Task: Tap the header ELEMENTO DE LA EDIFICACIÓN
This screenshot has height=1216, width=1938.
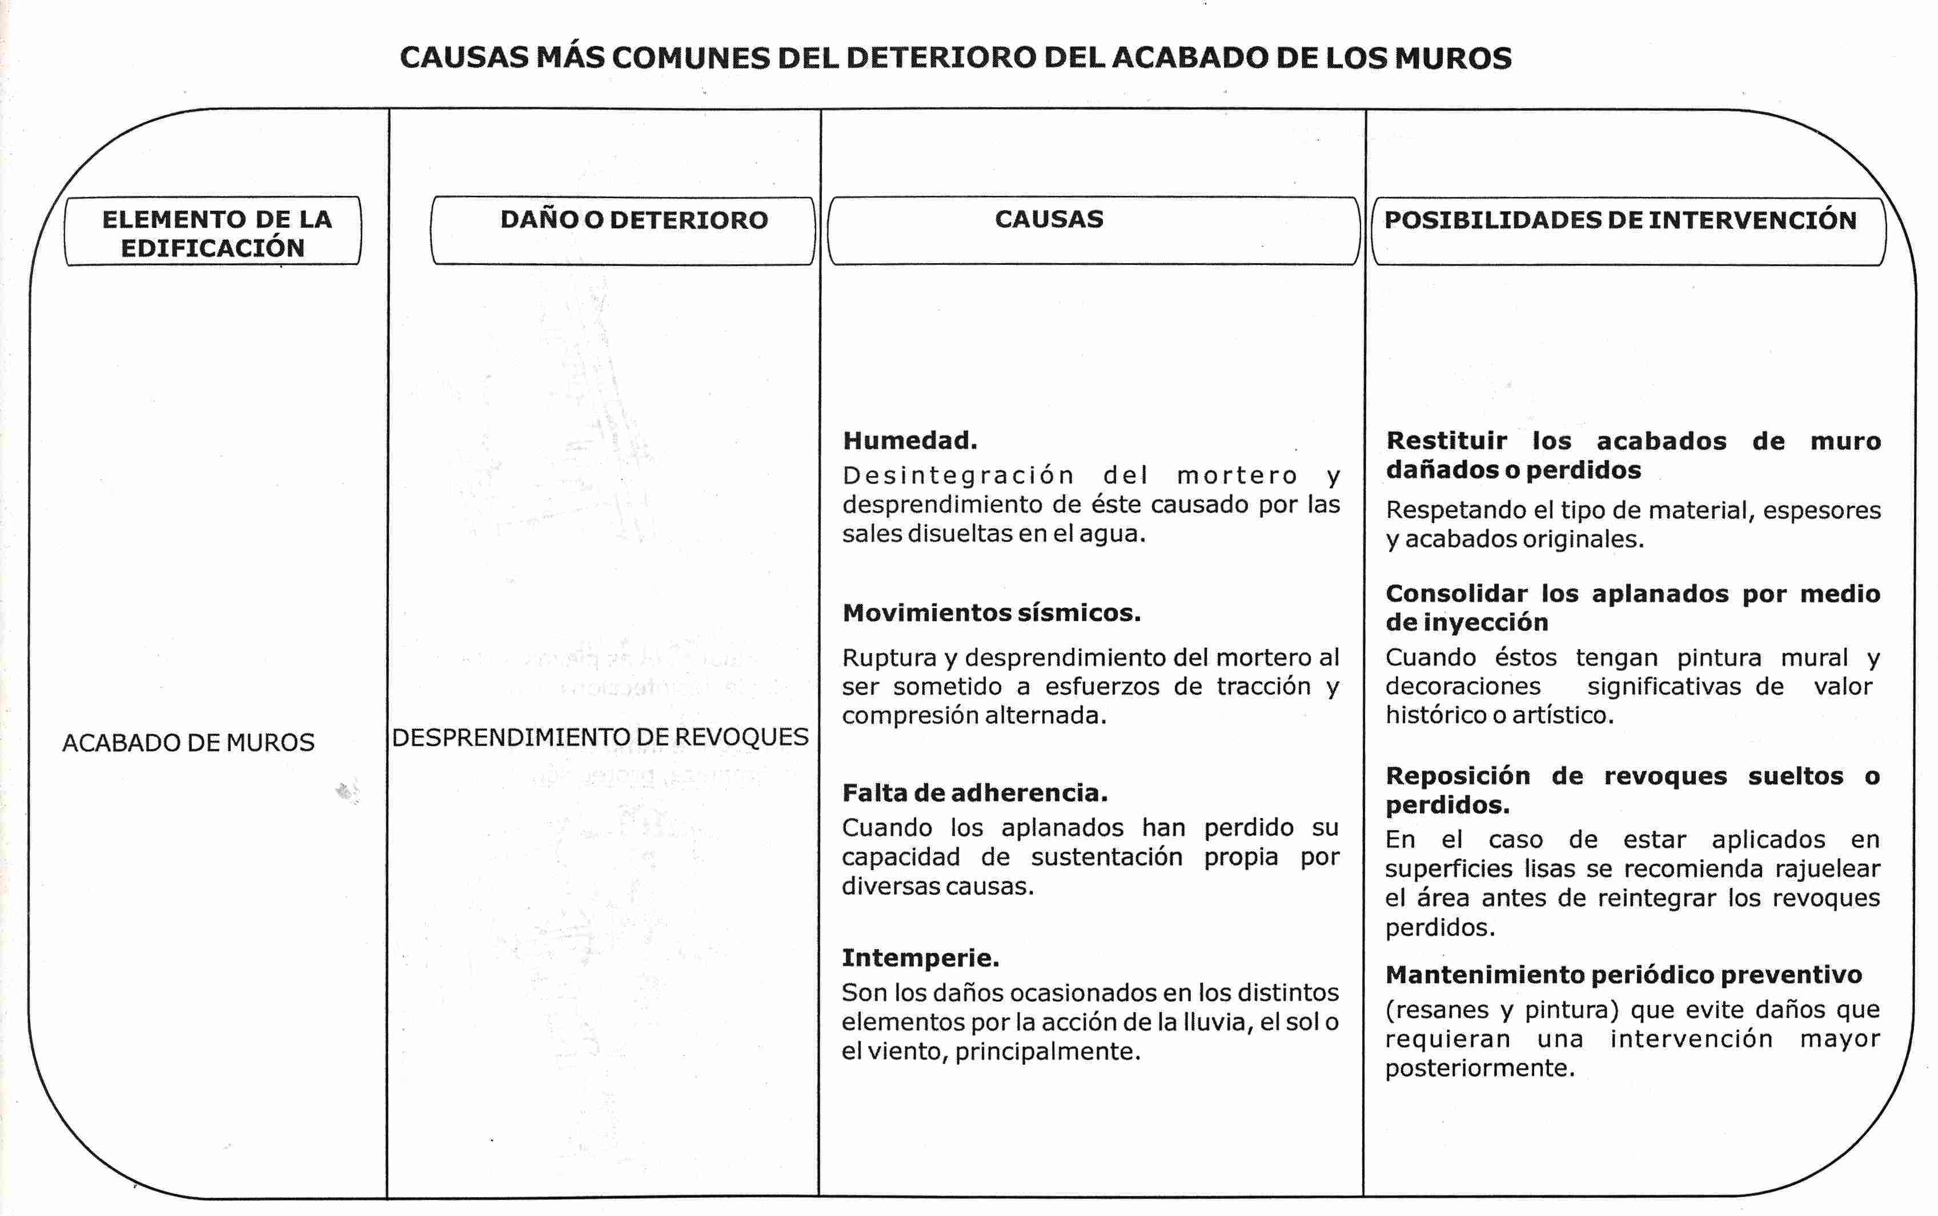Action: click(x=214, y=232)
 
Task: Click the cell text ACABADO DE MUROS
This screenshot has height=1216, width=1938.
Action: click(x=188, y=742)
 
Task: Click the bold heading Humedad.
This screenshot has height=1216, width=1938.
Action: click(x=910, y=440)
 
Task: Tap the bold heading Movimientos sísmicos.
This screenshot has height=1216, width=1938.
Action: click(x=991, y=613)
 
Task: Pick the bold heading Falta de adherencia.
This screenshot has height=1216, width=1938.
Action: click(x=974, y=793)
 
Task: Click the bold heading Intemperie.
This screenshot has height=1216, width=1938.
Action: click(x=920, y=958)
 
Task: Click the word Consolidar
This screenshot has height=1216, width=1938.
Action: click(x=1455, y=594)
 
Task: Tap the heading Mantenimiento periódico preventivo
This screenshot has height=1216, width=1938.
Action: click(x=1623, y=975)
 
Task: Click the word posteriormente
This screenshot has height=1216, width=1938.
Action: click(x=1479, y=1068)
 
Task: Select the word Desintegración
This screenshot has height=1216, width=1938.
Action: click(x=958, y=476)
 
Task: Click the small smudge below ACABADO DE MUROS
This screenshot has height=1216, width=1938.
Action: click(x=347, y=792)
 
